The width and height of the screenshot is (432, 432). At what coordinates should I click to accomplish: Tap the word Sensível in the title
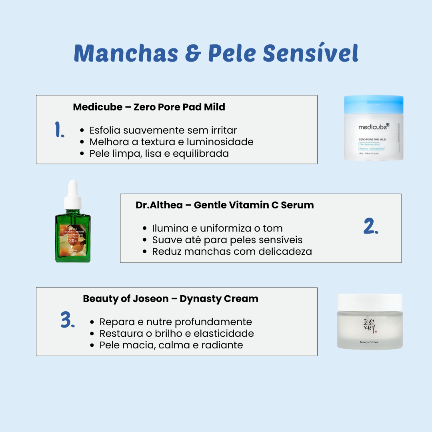pyautogui.click(x=311, y=53)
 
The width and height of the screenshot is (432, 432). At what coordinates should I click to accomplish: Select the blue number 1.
pyautogui.click(x=60, y=130)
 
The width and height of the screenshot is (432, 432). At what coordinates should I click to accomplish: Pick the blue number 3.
pyautogui.click(x=68, y=320)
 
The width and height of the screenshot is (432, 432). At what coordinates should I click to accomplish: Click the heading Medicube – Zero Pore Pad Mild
pyautogui.click(x=149, y=107)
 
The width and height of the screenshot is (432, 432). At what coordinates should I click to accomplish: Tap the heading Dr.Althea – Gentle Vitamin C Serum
pyautogui.click(x=224, y=205)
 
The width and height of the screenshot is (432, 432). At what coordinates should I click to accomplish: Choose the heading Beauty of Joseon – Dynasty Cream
pyautogui.click(x=170, y=299)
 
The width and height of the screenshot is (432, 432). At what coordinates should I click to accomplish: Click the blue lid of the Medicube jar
pyautogui.click(x=374, y=103)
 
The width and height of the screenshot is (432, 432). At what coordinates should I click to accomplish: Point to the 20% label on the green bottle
pyautogui.click(x=72, y=241)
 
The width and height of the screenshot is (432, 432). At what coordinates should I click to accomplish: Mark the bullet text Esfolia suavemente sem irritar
pyautogui.click(x=163, y=130)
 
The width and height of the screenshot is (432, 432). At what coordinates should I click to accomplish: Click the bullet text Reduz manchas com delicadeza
pyautogui.click(x=232, y=252)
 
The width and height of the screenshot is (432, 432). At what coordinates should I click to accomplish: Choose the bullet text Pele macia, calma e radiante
pyautogui.click(x=171, y=345)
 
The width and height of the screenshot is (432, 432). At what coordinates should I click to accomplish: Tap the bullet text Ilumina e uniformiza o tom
pyautogui.click(x=217, y=228)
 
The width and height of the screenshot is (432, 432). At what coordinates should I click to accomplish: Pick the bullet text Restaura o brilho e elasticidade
pyautogui.click(x=176, y=334)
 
